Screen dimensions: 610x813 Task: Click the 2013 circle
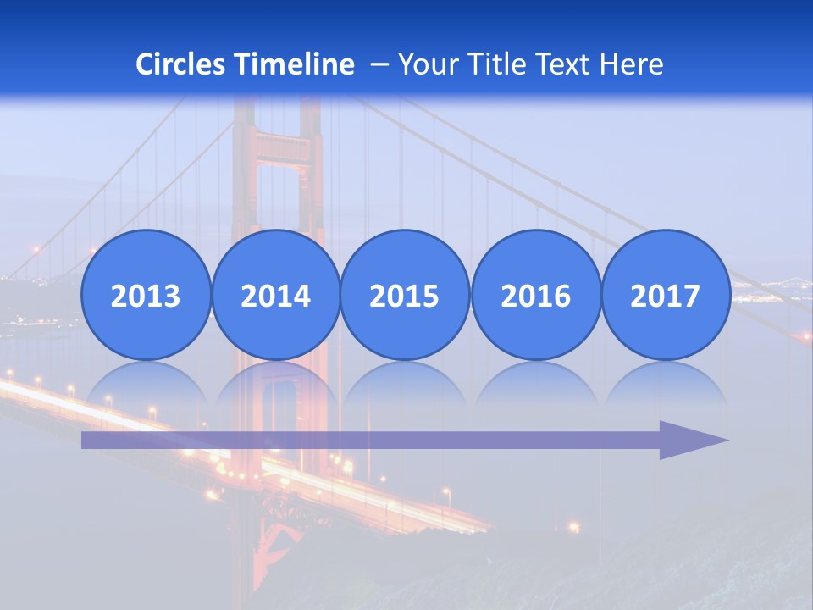click(146, 295)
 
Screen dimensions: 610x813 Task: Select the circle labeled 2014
click(275, 295)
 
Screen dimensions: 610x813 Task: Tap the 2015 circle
click(405, 295)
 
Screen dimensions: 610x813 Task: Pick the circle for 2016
click(535, 295)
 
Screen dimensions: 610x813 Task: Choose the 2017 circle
click(665, 295)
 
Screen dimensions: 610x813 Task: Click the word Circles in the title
click(182, 64)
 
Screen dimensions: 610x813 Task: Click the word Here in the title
click(633, 64)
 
